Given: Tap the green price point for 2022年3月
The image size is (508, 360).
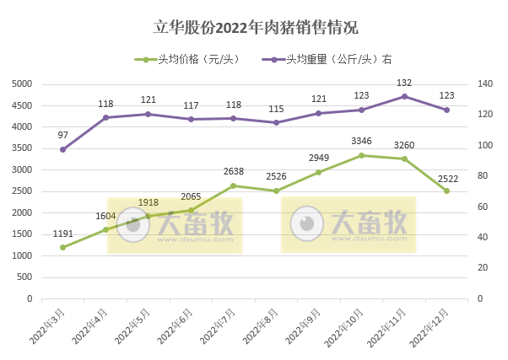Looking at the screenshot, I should pos(63,247).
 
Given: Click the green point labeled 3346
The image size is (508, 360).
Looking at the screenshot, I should pos(361,155).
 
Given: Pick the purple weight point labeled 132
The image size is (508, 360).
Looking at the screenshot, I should pos(404,96).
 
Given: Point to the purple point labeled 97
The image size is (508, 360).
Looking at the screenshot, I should pos(63,149).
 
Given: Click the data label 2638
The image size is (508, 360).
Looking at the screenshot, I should pos(234,171).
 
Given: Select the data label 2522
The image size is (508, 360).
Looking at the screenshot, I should pos(446,176).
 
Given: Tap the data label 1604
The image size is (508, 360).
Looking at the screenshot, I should pos(106,216).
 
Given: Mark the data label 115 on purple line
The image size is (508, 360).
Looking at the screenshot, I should pos(276,109).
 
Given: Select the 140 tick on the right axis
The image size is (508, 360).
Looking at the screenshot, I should pos(484,84).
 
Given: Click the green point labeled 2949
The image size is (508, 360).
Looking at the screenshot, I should pos(319,172).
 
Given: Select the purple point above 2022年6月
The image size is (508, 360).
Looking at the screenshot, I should pos(191,119).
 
